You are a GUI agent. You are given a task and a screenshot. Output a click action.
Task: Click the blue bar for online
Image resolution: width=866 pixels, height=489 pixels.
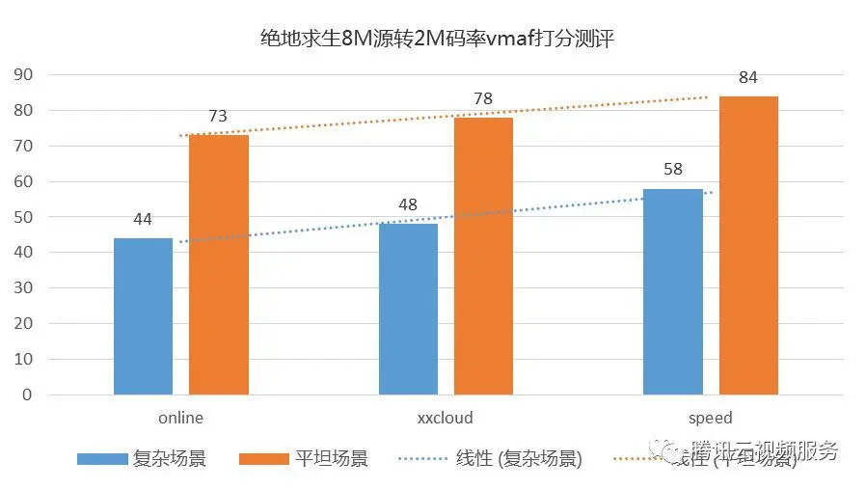(x=143, y=316)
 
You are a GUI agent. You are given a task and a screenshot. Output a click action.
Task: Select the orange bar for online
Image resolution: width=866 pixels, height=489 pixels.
(x=218, y=265)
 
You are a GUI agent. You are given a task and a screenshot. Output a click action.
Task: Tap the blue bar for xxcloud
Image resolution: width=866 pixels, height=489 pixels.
(x=408, y=309)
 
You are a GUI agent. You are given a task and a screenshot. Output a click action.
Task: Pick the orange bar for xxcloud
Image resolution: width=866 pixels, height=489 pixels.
(x=483, y=256)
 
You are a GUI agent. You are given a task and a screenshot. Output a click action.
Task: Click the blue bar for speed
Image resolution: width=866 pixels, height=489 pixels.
(x=673, y=291)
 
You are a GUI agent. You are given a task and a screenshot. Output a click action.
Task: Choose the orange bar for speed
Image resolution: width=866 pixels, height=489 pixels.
(x=747, y=245)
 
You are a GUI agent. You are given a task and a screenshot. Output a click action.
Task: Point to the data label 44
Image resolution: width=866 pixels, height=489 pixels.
(x=143, y=219)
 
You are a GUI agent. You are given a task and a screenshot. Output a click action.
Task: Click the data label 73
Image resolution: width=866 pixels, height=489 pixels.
(x=218, y=116)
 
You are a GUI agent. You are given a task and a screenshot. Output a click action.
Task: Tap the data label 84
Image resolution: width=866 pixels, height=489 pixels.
(x=747, y=77)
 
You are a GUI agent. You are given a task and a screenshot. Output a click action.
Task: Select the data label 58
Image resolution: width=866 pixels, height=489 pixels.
(x=673, y=170)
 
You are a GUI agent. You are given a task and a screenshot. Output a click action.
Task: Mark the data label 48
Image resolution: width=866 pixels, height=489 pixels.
(x=408, y=204)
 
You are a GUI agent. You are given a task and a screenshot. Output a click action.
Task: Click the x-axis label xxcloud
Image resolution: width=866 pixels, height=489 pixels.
(x=446, y=419)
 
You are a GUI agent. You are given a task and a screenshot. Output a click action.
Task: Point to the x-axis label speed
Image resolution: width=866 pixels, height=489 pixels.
(x=711, y=419)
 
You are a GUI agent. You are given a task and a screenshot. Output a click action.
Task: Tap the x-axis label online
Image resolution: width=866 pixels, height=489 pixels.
(x=180, y=419)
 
